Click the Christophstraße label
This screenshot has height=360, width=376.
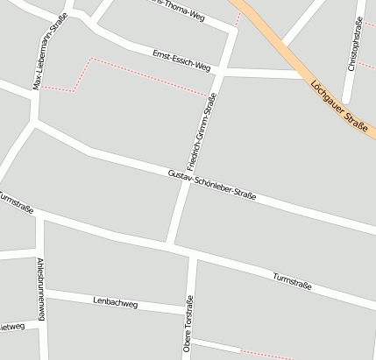(x=354, y=48)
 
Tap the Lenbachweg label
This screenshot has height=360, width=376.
(x=116, y=303)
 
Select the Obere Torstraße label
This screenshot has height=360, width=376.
(x=188, y=324)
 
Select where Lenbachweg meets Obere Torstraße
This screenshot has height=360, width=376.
(x=188, y=311)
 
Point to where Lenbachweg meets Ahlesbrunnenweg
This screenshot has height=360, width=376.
(x=43, y=290)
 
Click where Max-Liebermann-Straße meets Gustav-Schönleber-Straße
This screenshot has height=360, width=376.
(x=33, y=124)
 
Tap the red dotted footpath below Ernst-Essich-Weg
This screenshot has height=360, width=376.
(x=149, y=76)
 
